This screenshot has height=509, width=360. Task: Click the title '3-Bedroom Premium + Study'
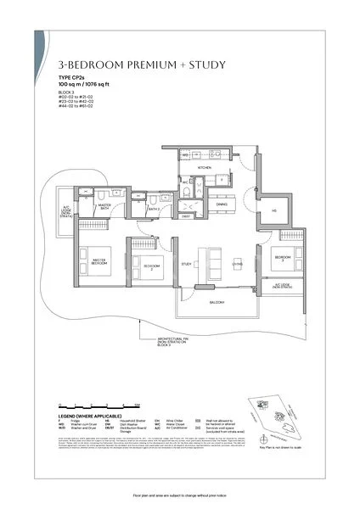(x=114, y=64)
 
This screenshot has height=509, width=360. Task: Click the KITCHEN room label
(x=204, y=168)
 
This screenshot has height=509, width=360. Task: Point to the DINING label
(x=221, y=204)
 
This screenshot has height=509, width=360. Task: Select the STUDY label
(x=186, y=265)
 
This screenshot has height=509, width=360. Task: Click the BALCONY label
(x=217, y=301)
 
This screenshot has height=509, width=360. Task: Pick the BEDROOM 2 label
(x=150, y=265)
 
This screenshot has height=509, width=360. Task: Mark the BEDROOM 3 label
(x=282, y=257)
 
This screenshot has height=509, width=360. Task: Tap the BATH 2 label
(x=154, y=208)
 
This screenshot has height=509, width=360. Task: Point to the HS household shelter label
(x=273, y=211)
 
